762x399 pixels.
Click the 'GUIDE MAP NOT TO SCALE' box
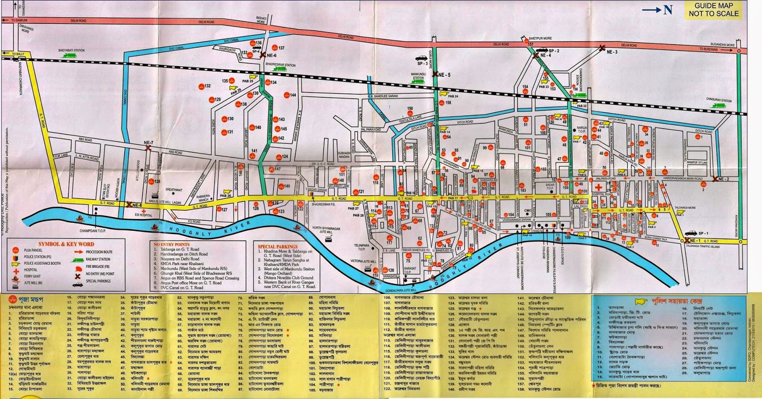[713, 10]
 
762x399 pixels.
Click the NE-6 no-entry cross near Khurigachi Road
[262, 55]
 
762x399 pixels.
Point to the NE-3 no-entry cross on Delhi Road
[602, 48]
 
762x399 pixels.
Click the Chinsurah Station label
[719, 100]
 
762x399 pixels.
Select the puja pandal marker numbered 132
[200, 87]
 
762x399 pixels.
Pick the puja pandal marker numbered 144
[286, 96]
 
